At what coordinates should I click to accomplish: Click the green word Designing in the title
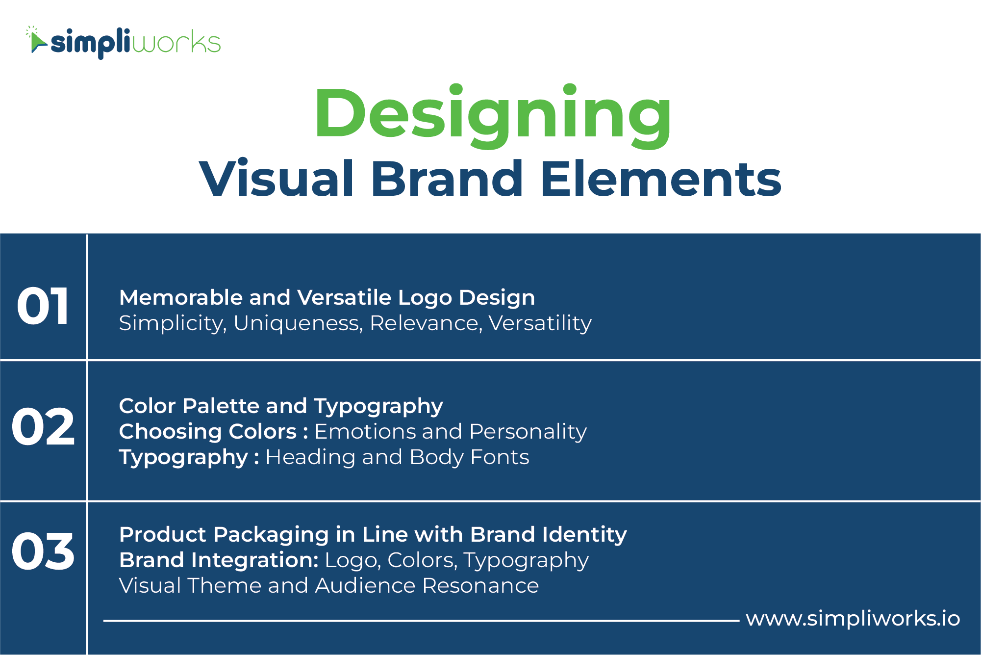coord(493,117)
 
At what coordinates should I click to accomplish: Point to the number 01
coord(43,307)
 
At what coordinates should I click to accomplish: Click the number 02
coord(43,427)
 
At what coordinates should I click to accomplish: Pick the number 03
coord(43,551)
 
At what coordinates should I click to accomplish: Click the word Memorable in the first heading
coord(181,297)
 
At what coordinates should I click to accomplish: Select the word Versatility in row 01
coord(540,323)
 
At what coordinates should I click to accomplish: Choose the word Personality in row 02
coord(528,432)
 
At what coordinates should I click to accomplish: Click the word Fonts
coord(500,457)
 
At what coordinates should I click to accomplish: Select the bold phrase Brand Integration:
coord(219,560)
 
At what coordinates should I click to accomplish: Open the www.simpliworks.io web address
coord(853,619)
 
